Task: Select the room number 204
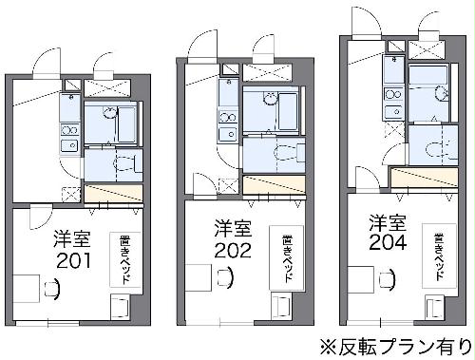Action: point(389,242)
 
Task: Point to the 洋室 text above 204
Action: point(389,222)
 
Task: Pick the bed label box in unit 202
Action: point(284,256)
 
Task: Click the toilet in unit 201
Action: point(117,164)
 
